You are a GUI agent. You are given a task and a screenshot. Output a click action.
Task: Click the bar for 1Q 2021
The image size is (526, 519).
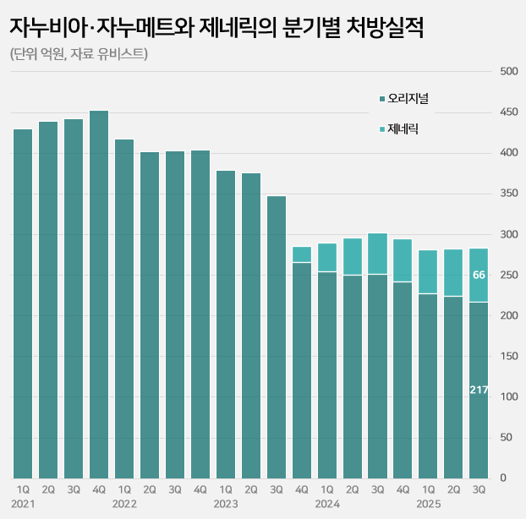click(x=23, y=303)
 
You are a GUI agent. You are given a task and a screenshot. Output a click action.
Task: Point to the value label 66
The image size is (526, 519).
click(x=479, y=275)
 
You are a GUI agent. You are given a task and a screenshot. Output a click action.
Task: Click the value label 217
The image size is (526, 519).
click(x=479, y=390)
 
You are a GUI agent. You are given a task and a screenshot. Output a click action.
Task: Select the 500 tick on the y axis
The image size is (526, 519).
click(x=508, y=71)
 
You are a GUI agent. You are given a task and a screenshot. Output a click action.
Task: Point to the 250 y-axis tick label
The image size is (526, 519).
click(x=508, y=275)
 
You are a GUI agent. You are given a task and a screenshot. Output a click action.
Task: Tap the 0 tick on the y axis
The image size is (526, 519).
click(x=502, y=478)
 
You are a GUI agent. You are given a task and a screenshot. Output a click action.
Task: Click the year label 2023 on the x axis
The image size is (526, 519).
click(x=226, y=504)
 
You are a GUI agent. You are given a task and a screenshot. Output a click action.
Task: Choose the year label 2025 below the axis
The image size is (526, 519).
click(x=429, y=504)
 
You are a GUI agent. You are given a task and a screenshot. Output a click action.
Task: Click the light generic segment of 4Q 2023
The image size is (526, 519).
click(x=302, y=254)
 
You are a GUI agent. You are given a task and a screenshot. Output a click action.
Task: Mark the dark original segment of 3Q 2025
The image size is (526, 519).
click(x=479, y=390)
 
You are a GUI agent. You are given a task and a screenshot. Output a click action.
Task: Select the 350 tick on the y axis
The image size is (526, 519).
click(x=508, y=194)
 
